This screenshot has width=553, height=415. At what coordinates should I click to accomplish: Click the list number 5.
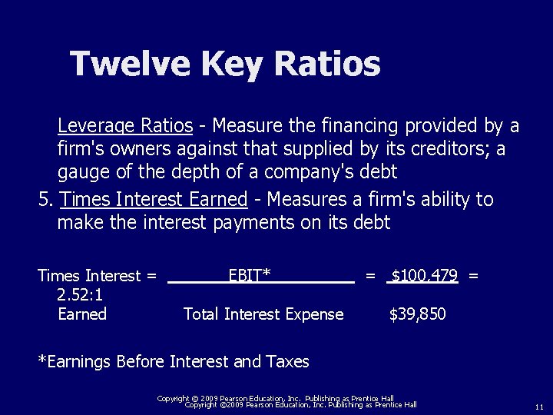(45, 200)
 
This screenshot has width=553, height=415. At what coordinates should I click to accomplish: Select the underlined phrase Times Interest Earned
(154, 200)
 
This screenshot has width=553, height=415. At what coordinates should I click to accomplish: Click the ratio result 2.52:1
(81, 294)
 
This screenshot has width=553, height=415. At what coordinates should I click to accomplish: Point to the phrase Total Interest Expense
(263, 314)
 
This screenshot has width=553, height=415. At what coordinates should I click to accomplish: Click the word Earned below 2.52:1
(82, 314)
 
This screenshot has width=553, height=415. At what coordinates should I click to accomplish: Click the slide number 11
(539, 406)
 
